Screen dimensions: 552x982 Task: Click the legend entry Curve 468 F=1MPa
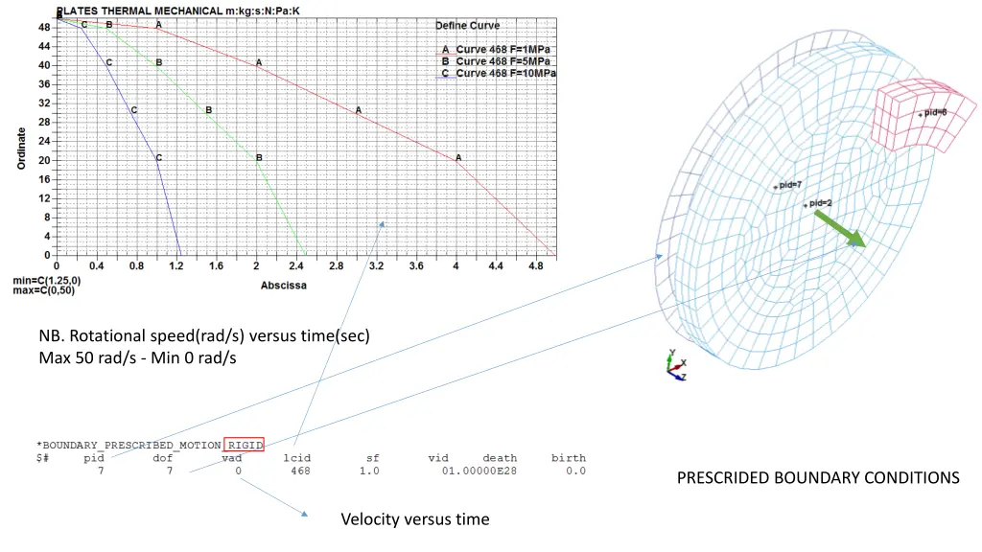(x=503, y=49)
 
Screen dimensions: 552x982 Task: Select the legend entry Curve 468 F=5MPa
(x=503, y=61)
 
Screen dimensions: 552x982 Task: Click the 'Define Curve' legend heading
(x=467, y=25)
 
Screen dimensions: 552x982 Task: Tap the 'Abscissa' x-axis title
(x=285, y=286)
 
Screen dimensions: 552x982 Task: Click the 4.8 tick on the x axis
(x=535, y=265)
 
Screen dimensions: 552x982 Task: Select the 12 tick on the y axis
(x=44, y=198)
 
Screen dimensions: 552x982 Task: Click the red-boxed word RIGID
(x=244, y=445)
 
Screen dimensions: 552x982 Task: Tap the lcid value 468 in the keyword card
(x=301, y=471)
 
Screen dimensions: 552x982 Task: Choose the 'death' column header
(x=499, y=458)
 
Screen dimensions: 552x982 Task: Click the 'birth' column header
(x=568, y=458)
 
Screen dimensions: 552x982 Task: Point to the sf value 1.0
(x=369, y=471)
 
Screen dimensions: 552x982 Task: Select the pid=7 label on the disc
(x=790, y=184)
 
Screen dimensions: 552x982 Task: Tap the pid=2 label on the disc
(x=820, y=203)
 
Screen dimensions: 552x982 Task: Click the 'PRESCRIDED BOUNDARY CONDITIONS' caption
(x=818, y=477)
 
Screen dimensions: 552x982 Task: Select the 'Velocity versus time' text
(x=414, y=519)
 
